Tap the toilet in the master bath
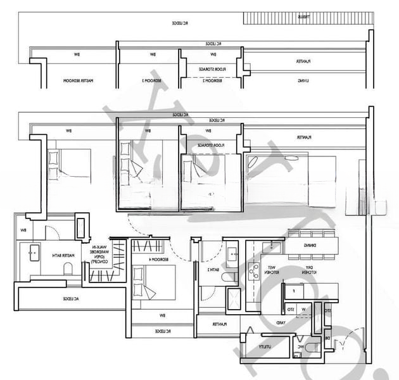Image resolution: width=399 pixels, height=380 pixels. pos(68,270)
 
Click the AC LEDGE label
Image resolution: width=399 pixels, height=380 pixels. pos(70,298)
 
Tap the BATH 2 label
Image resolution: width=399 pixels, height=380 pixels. pos(209,269)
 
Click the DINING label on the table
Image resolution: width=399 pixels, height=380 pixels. pos(310,244)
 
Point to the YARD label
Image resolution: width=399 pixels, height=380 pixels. pos(281,323)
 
